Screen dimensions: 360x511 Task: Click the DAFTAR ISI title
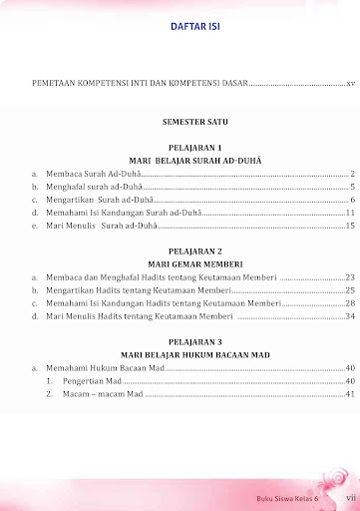[193, 28]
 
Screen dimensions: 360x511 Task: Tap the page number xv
[350, 84]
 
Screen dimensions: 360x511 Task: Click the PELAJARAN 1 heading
[195, 147]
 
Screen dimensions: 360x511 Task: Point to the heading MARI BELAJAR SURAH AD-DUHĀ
[195, 160]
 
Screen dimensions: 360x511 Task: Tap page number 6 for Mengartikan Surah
[353, 200]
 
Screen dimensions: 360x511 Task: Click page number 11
[351, 213]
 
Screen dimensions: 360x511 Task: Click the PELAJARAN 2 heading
[195, 251]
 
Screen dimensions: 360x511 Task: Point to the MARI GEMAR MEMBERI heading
[195, 263]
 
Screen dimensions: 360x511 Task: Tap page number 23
[350, 276]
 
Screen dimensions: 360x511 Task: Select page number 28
[350, 302]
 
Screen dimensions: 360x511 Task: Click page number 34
[350, 316]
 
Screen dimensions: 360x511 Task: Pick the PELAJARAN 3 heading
[195, 341]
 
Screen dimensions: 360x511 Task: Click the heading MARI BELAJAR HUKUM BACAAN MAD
[195, 354]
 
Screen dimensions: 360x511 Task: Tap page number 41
[350, 394]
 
